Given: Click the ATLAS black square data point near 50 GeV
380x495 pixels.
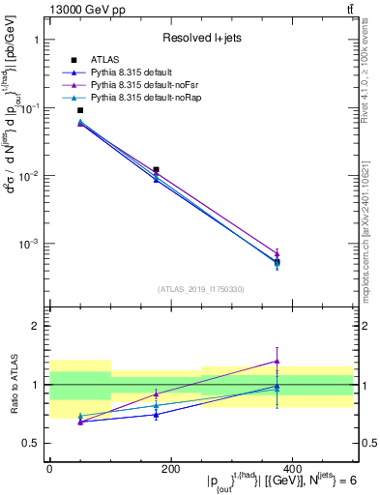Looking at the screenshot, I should pyautogui.click(x=80, y=110).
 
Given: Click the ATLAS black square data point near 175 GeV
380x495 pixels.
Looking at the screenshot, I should pyautogui.click(x=156, y=169).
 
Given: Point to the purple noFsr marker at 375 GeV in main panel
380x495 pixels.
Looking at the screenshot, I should pyautogui.click(x=277, y=253).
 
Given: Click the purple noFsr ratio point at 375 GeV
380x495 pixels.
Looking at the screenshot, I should pyautogui.click(x=277, y=362).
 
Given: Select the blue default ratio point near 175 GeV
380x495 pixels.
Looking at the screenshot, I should pyautogui.click(x=156, y=415).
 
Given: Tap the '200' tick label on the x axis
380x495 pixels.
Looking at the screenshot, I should pyautogui.click(x=170, y=468).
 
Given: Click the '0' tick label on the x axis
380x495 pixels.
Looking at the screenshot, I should pyautogui.click(x=49, y=468).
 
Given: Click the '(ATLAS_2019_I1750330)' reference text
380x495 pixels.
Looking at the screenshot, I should pyautogui.click(x=201, y=289).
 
